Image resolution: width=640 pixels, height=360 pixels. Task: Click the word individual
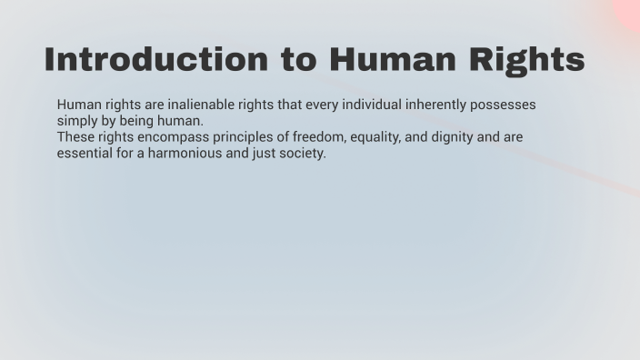click(371, 105)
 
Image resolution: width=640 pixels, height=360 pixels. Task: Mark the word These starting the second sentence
click(75, 137)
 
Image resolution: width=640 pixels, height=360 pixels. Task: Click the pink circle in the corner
click(628, 11)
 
